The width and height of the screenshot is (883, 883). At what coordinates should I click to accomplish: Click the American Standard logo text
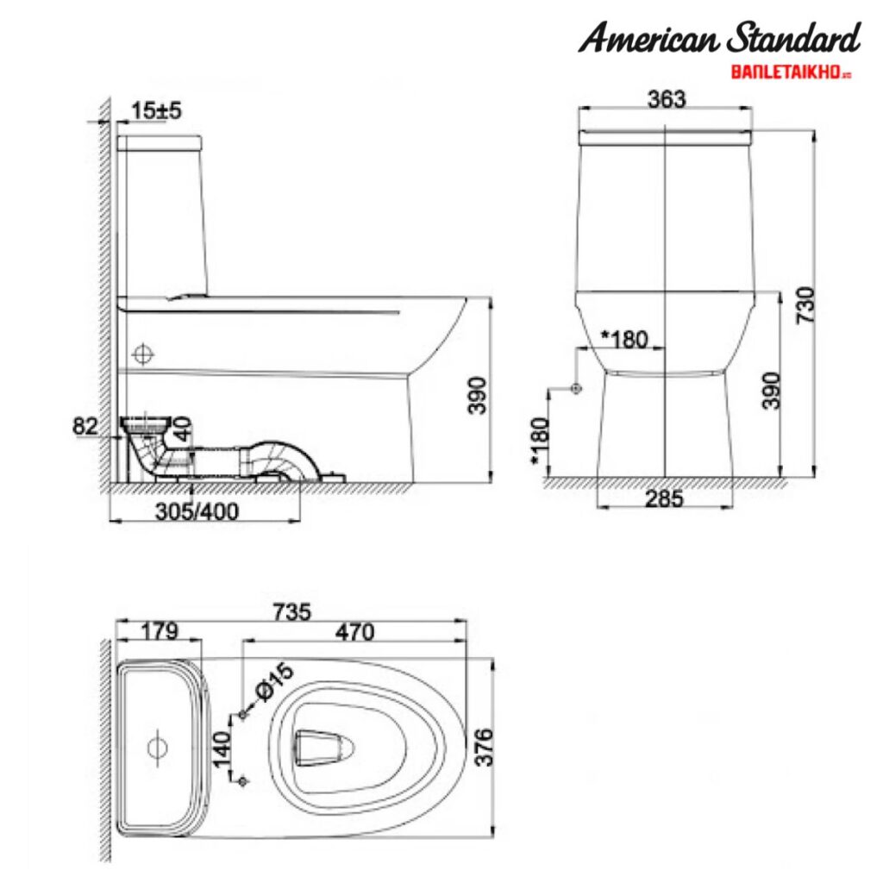click(719, 39)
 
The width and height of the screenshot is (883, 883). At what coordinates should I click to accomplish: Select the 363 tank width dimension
click(666, 98)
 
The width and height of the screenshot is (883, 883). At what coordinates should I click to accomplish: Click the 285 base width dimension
click(665, 498)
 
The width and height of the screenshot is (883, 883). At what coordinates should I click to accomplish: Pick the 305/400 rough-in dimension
click(198, 510)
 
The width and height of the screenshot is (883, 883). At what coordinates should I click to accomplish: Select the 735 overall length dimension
click(292, 611)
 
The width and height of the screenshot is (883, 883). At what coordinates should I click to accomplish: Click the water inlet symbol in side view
click(144, 354)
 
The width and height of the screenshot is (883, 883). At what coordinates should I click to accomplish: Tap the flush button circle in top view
click(157, 747)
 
